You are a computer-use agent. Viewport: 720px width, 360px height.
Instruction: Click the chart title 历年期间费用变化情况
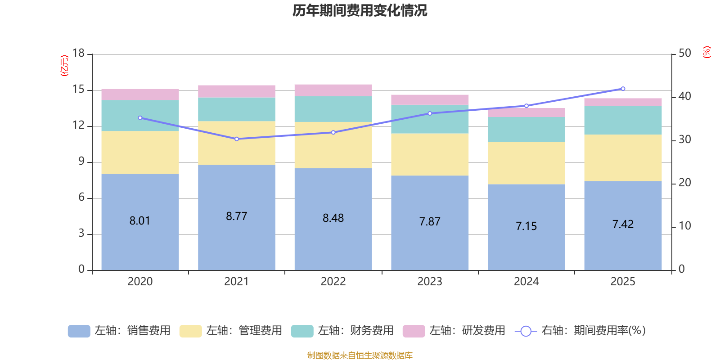(360, 10)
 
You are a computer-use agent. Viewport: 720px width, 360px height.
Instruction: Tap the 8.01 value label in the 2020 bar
(139, 221)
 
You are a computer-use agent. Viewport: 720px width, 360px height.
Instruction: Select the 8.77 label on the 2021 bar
(236, 216)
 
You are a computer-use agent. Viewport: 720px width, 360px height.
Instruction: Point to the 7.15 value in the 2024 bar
(526, 226)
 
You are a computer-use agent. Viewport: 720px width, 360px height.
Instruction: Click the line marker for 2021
(237, 139)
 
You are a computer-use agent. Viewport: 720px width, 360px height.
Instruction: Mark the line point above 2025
(623, 89)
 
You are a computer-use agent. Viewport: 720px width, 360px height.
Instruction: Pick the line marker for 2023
(430, 113)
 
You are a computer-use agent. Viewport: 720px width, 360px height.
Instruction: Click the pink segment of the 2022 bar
(333, 90)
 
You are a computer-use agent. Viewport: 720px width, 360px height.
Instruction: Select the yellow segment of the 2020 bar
(140, 153)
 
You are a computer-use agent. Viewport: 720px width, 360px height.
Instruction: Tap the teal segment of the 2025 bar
(623, 120)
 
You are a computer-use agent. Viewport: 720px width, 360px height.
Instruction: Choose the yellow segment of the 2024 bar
(526, 163)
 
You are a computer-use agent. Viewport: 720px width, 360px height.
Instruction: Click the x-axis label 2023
(430, 282)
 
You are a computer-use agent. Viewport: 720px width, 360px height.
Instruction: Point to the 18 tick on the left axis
(78, 54)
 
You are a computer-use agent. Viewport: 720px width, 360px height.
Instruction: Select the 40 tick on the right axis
(684, 96)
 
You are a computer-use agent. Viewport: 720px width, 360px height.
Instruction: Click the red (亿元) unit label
(64, 66)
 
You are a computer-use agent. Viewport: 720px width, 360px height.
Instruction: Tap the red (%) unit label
(706, 52)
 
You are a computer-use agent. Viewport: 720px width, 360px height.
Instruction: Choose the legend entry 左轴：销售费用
(120, 331)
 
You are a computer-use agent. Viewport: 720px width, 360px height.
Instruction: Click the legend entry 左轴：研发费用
(454, 331)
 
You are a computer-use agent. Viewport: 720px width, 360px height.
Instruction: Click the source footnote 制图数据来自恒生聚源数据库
(360, 355)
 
